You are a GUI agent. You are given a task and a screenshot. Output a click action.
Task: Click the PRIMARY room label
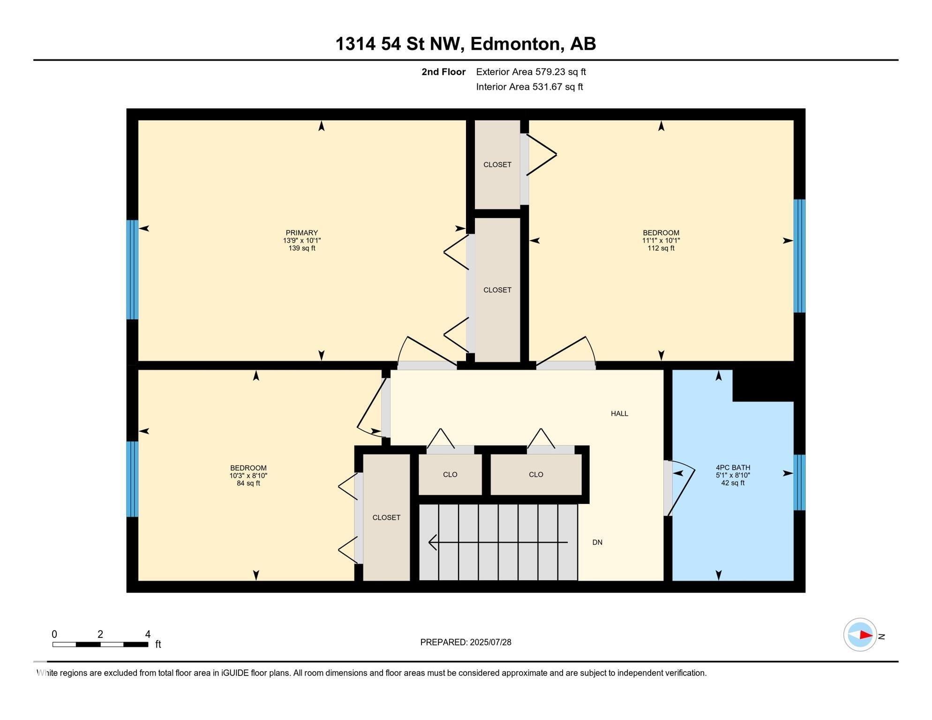pyautogui.click(x=302, y=232)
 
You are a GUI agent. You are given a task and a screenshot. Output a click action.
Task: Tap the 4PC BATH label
pyautogui.click(x=733, y=467)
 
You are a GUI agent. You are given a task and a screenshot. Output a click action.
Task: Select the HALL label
pyautogui.click(x=619, y=413)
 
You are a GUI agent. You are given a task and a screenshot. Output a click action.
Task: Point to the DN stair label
pyautogui.click(x=597, y=542)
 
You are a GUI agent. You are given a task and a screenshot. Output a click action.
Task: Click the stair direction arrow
pyautogui.click(x=498, y=542)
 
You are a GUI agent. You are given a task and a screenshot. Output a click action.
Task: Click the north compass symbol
pyautogui.click(x=860, y=635)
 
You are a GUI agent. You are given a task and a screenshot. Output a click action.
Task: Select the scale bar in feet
pyautogui.click(x=100, y=644)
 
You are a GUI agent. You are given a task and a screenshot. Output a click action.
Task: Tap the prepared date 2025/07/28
pyautogui.click(x=466, y=642)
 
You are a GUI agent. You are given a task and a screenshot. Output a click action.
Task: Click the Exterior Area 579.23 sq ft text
pyautogui.click(x=531, y=72)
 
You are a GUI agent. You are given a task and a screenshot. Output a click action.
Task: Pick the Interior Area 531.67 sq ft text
pyautogui.click(x=529, y=87)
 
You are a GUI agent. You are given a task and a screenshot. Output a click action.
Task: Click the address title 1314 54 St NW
pyautogui.click(x=466, y=44)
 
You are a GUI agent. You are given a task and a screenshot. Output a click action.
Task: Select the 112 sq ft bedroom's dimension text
pyautogui.click(x=661, y=240)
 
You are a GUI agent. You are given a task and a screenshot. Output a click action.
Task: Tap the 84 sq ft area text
pyautogui.click(x=248, y=483)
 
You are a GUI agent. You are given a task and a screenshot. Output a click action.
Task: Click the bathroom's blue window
pyautogui.click(x=799, y=482)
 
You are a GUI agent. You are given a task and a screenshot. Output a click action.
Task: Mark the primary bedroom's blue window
pyautogui.click(x=132, y=270)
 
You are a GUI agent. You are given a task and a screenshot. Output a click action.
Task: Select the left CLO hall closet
pyautogui.click(x=450, y=474)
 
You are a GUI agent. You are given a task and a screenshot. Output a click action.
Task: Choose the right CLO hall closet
pyautogui.click(x=536, y=474)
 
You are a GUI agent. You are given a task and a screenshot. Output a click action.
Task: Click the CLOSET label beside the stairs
pyautogui.click(x=386, y=517)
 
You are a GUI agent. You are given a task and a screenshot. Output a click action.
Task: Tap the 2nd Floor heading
pyautogui.click(x=443, y=72)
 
